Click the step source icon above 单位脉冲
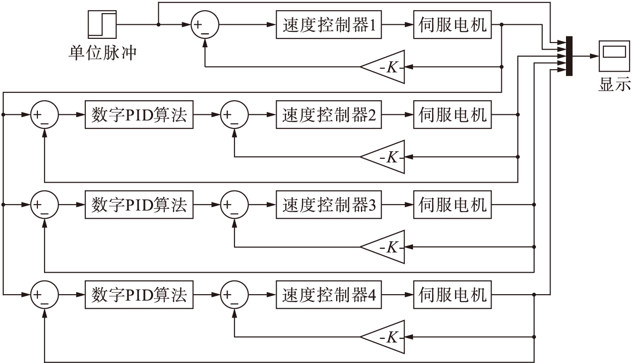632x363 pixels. pos(102,24)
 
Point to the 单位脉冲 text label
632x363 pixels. pos(102,52)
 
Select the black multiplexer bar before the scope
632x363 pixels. pos(569,56)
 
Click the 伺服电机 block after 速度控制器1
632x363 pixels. pos(453,24)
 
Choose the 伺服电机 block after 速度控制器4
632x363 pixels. pos(453,295)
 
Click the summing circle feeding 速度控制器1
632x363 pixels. pos(205,25)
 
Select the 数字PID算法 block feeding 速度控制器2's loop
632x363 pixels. pos(139,114)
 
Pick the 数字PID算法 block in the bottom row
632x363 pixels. pos(139,295)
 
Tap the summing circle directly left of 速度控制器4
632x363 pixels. pos(234,295)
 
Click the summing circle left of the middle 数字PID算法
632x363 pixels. pos(44,205)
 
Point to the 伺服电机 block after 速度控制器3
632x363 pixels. pos(453,205)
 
